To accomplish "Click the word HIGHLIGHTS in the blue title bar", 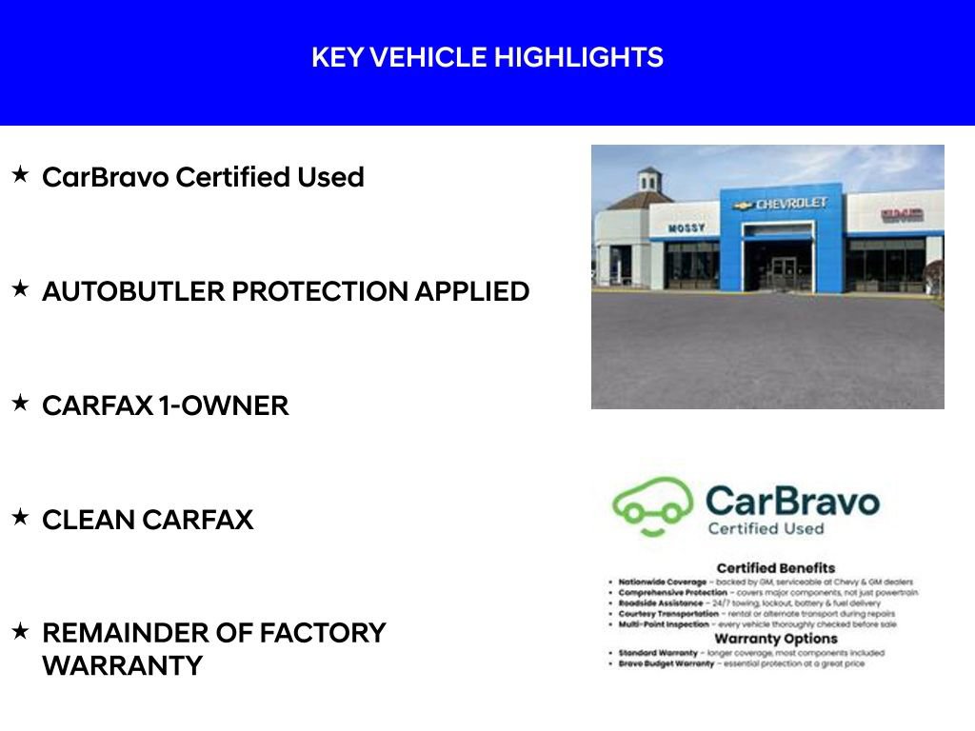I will (578, 58).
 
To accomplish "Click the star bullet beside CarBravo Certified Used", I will (20, 175).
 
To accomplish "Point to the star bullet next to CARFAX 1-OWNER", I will (20, 404).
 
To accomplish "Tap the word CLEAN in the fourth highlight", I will (87, 520).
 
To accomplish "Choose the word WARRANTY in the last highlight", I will (122, 666).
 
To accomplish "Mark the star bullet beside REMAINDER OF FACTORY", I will (20, 631).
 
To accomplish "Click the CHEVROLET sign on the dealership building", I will (791, 204).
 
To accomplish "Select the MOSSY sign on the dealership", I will (686, 228).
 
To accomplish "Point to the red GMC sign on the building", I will (901, 214).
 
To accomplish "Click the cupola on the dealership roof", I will (649, 179).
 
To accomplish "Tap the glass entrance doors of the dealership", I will (784, 270).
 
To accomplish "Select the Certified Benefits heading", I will (775, 568).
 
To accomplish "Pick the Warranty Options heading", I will (775, 639).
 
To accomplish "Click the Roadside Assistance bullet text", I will (667, 603).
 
